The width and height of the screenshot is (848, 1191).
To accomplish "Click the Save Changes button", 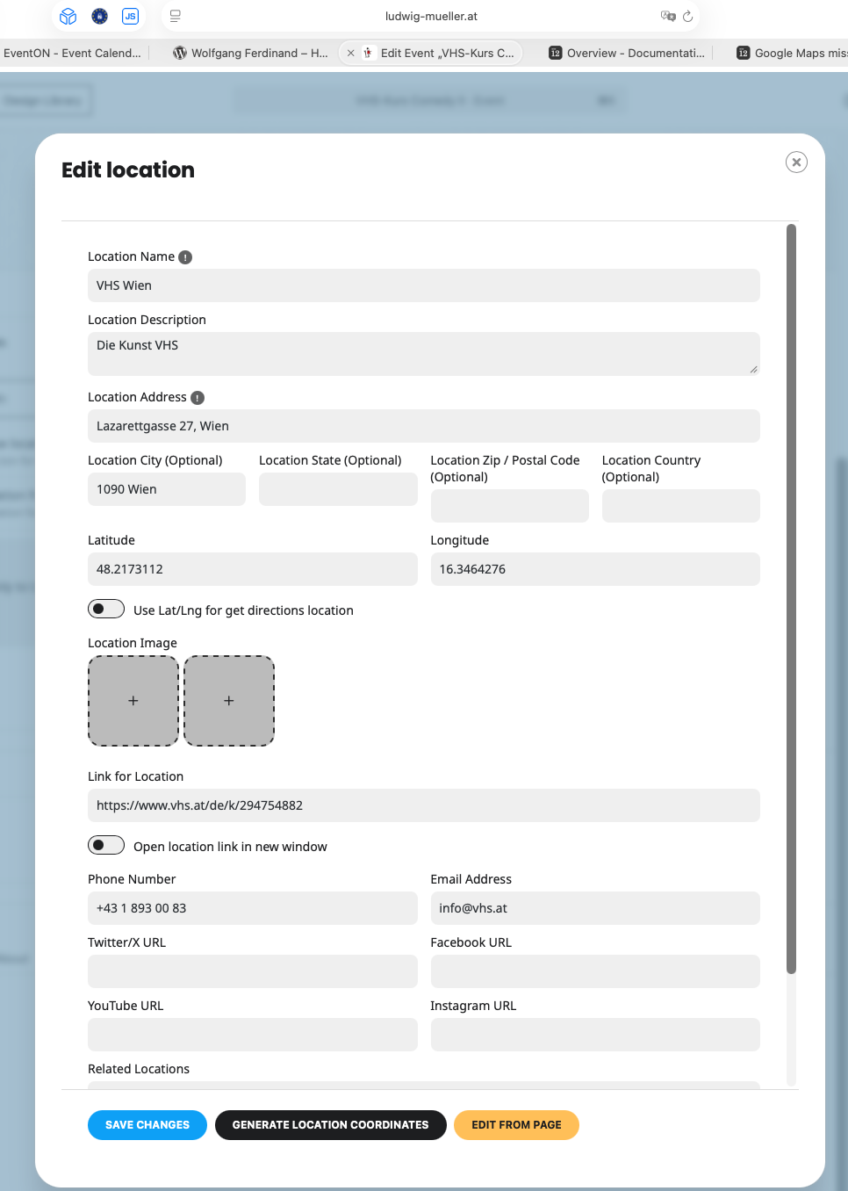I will click(x=147, y=1125).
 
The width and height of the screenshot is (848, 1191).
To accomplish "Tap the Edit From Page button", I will click(x=516, y=1125).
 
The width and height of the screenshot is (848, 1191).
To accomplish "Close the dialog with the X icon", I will click(x=796, y=162).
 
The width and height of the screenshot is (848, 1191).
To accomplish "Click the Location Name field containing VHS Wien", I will click(x=423, y=285).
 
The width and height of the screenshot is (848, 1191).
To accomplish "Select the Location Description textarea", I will click(x=423, y=353).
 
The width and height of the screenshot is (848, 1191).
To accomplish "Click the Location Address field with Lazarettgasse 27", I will click(x=423, y=426).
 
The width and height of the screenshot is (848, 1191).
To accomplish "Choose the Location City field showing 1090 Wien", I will click(x=166, y=489).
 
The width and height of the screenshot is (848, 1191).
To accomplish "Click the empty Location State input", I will click(x=338, y=489).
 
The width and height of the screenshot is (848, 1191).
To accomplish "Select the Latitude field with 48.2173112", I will click(x=252, y=569).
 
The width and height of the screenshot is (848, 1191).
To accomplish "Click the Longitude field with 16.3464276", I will click(x=594, y=569).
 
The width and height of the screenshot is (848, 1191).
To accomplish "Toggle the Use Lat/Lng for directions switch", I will click(x=106, y=610).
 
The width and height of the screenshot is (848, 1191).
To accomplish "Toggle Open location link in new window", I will click(x=106, y=846).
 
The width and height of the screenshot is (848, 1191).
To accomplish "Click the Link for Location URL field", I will click(x=423, y=805).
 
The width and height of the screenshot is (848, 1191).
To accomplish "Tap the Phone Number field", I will click(x=252, y=908).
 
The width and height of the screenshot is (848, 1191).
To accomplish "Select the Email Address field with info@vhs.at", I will click(x=594, y=908).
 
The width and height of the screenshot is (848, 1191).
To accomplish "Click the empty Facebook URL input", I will click(x=594, y=971).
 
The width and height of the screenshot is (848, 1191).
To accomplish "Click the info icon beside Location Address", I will click(x=198, y=398).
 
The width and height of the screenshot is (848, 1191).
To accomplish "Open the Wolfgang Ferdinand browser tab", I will click(x=251, y=53).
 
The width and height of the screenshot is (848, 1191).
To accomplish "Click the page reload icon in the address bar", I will click(x=688, y=16).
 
